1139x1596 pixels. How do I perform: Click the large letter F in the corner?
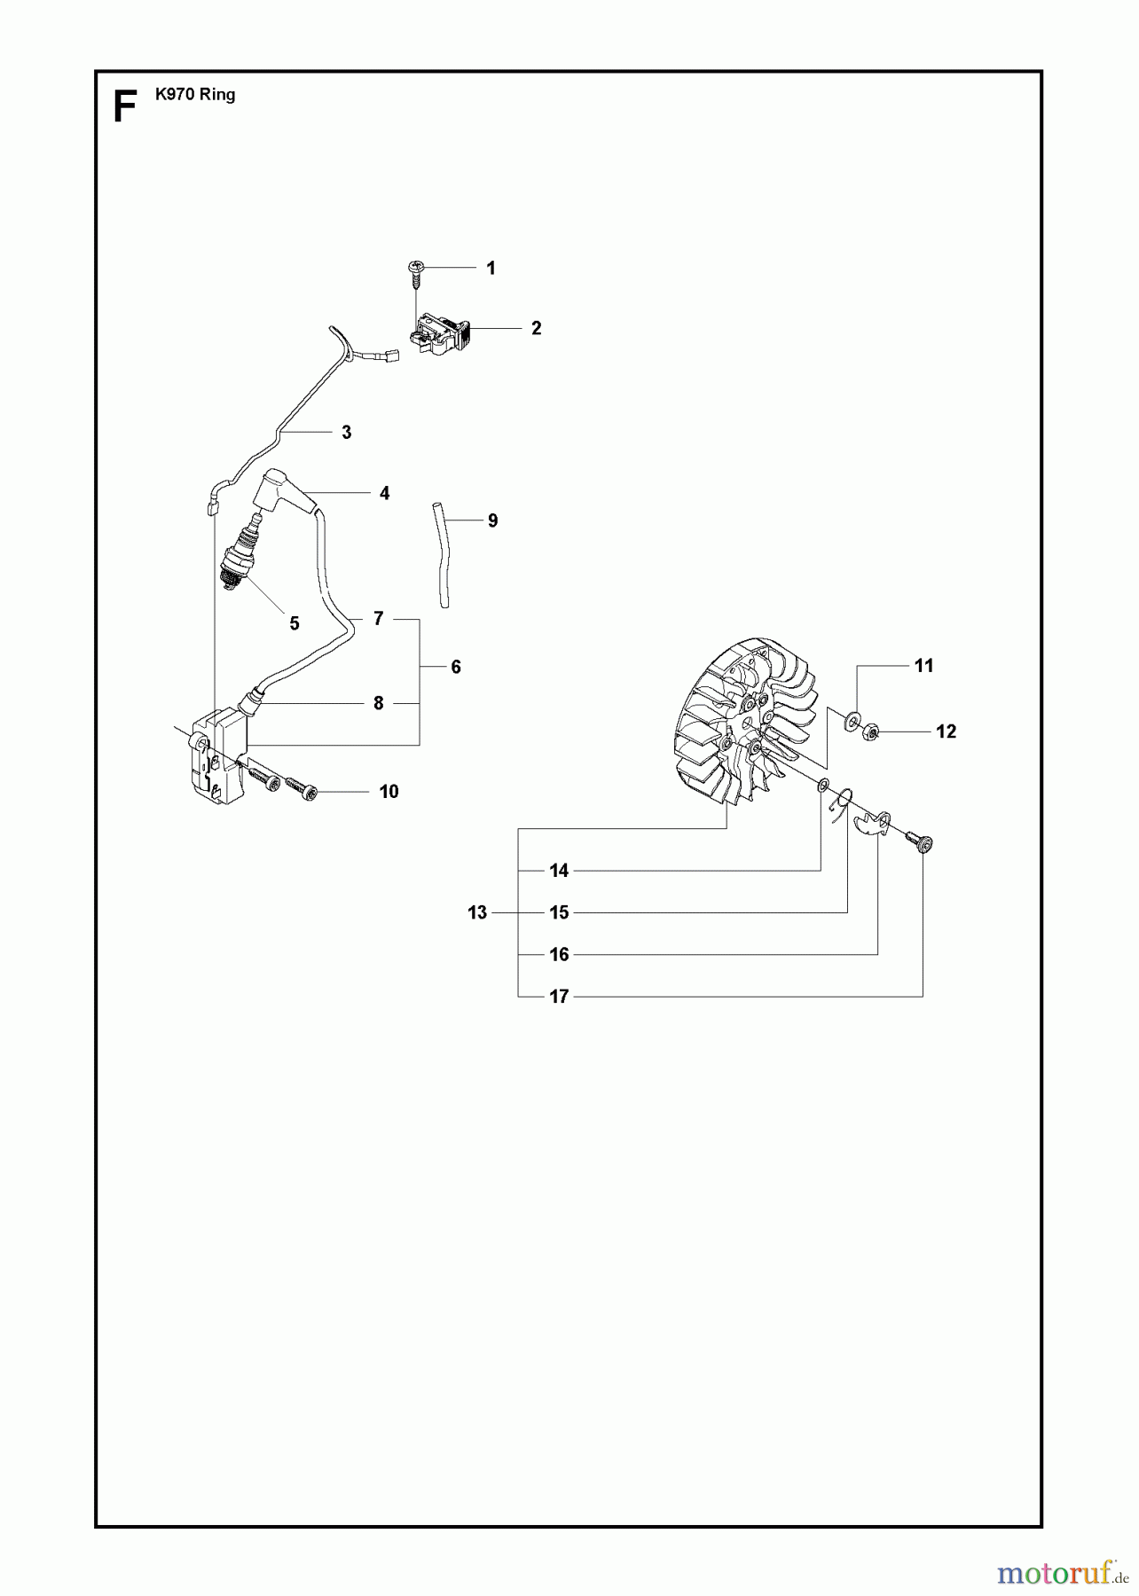click(x=125, y=108)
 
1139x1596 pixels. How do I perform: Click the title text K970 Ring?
click(x=195, y=95)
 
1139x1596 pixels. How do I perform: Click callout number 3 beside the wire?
click(x=346, y=433)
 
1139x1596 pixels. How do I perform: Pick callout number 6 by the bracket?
click(x=456, y=667)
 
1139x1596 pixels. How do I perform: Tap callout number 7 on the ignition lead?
click(x=379, y=618)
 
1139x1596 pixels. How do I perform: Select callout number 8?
click(x=379, y=703)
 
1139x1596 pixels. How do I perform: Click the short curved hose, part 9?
click(x=441, y=554)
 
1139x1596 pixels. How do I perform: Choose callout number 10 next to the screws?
click(x=389, y=792)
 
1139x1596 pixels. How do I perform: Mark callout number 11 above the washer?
click(x=923, y=666)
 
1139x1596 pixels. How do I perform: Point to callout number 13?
click(x=477, y=912)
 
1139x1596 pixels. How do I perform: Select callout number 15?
click(x=559, y=912)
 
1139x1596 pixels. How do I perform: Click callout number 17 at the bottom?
click(x=559, y=997)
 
